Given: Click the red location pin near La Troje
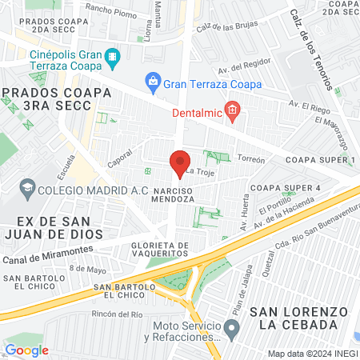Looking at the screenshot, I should pos(180,162).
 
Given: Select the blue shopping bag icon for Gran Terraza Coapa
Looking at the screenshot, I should pos(152,81).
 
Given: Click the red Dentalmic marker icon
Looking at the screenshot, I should pos(232,110).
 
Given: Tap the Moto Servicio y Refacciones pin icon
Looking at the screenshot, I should pos(232,328).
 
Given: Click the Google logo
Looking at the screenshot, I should pos(26,350).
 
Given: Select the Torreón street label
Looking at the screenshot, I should pos(250,159).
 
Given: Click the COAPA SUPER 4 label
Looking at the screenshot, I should pos(285,187).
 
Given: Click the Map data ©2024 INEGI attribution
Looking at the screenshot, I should pos(312,353).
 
